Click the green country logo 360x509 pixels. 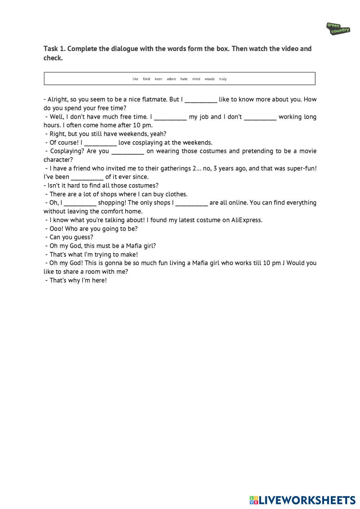tap(338, 28)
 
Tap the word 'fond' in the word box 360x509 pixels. tap(147, 79)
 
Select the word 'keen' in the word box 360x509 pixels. tap(158, 79)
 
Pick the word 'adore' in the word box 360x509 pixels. tap(171, 79)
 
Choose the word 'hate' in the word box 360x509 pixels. tap(184, 79)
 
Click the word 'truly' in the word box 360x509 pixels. tap(223, 79)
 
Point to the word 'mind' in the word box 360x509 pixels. tap(196, 79)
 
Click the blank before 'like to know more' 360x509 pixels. tap(201, 100)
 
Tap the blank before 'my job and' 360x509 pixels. tap(170, 117)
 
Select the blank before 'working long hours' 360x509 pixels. tap(260, 117)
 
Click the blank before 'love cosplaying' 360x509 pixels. tap(100, 143)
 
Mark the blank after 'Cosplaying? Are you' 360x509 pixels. tap(128, 151)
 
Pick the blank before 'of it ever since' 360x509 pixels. tap(87, 177)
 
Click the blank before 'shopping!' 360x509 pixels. tap(80, 203)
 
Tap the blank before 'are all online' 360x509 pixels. tap(192, 203)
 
